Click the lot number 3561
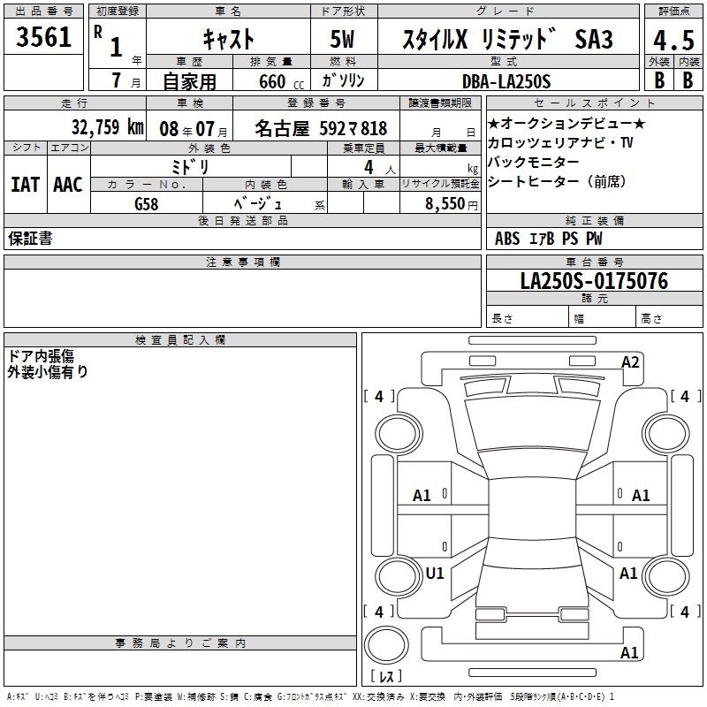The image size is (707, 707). [43, 37]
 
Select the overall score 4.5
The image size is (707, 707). [673, 40]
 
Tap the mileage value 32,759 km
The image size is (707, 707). [107, 127]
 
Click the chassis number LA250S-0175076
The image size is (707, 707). [594, 281]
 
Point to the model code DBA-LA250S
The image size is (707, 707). [506, 81]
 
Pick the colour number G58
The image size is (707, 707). [146, 204]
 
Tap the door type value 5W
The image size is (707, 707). [342, 39]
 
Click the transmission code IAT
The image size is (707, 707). [26, 185]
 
